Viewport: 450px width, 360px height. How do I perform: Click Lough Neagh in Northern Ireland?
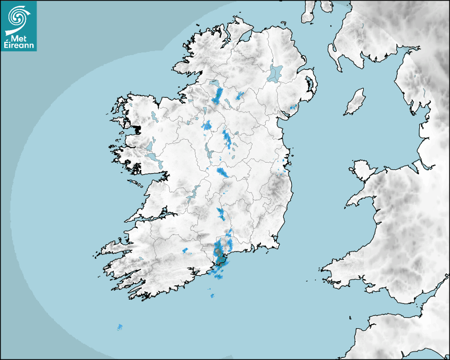click(x=275, y=73)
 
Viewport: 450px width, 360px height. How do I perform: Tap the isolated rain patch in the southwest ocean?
click(x=120, y=327)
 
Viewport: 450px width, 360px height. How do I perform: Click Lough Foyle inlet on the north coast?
click(x=245, y=38)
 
